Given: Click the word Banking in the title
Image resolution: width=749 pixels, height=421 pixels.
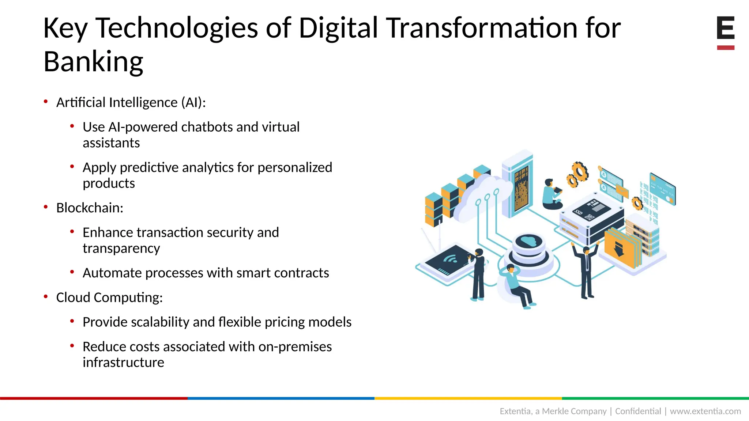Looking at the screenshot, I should tap(93, 61).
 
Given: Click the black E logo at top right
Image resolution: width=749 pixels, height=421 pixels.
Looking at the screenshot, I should tap(726, 28).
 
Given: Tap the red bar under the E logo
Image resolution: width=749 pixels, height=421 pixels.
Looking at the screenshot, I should tap(726, 48).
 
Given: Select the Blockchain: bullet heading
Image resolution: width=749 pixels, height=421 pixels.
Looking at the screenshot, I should tap(90, 208).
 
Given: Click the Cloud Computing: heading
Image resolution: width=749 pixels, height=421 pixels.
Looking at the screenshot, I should tap(109, 297).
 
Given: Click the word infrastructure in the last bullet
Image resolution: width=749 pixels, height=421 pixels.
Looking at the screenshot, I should tap(123, 363).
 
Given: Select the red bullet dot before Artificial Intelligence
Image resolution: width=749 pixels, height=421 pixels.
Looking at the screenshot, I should tap(46, 102).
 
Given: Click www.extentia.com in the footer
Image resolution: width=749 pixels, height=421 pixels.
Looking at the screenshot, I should tap(705, 411).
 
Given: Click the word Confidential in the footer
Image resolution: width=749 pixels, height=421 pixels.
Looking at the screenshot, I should tap(638, 411).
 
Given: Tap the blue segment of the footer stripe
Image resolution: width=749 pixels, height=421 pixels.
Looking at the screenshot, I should tap(281, 398).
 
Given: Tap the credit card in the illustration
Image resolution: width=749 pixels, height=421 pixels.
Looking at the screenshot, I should tap(662, 189).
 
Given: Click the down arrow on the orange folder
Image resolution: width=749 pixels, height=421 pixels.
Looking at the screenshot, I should tap(619, 249).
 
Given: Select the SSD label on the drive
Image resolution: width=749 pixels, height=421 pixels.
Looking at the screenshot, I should tap(579, 212).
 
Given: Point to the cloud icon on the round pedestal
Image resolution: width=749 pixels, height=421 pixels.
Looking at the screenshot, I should tap(528, 241).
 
